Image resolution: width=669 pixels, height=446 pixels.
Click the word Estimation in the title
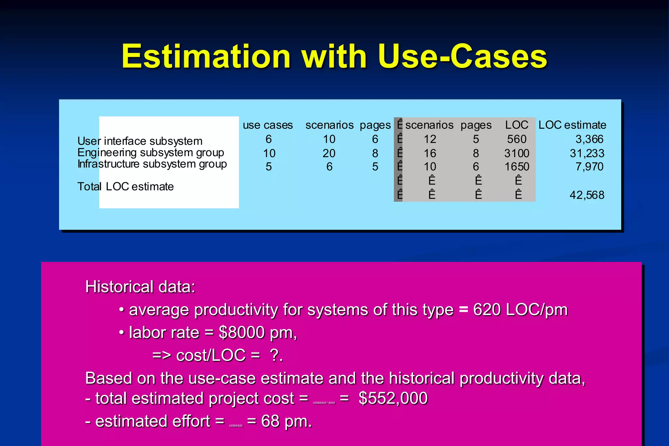pos(206,57)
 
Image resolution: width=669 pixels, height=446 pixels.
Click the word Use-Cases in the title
pos(462,57)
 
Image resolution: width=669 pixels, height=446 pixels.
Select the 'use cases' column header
pos(268,125)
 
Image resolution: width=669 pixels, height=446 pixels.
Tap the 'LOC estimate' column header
pos(572,125)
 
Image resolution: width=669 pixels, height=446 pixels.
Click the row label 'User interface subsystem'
pos(140,141)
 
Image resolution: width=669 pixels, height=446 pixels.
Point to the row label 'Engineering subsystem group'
pos(151,153)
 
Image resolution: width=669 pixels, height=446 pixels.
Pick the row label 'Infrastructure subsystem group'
pos(152,164)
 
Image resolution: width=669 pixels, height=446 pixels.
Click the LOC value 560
pos(516,140)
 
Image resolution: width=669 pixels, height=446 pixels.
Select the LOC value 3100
pos(516,153)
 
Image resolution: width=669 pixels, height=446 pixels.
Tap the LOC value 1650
pos(516,167)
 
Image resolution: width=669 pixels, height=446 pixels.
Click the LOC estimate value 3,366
pos(589,140)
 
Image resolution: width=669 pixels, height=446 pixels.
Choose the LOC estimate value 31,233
pos(587,153)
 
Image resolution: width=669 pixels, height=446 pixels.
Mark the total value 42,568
pos(587,195)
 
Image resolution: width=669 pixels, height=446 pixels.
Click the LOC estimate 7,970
pos(589,167)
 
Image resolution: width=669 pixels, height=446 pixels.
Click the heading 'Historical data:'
pos(140,287)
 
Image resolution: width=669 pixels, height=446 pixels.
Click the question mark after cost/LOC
pos(274,355)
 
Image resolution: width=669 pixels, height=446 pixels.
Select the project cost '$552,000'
pos(393,398)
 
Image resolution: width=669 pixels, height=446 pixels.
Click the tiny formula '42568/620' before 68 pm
pos(236,426)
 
